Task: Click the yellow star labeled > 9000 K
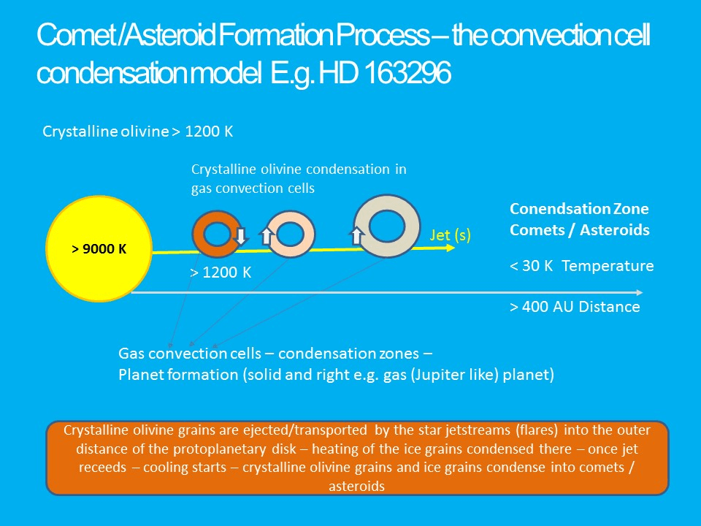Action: coord(99,248)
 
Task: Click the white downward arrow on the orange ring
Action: coord(240,236)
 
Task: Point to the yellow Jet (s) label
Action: coord(451,235)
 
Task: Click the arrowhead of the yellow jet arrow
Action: coord(451,248)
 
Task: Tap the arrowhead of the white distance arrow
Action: coord(640,292)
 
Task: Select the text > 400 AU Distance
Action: coord(575,307)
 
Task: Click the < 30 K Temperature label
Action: coord(582,266)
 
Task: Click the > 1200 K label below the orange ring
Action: coord(221,272)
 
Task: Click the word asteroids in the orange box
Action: coord(357,487)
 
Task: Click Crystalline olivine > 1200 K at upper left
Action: coord(138,131)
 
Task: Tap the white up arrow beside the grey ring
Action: coord(356,236)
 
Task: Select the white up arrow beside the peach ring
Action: coord(267,236)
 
